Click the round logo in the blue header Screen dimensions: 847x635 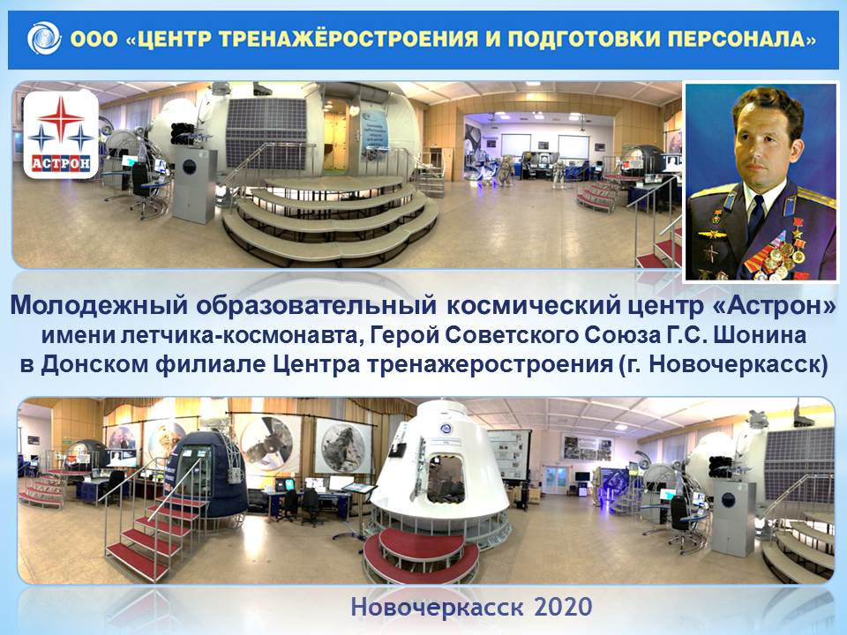44,38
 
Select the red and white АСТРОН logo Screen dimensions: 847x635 61,134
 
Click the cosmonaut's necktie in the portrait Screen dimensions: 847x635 757,217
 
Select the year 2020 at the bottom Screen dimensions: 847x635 563,607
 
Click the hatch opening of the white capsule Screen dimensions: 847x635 446,478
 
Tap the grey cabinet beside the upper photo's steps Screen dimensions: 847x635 194,184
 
